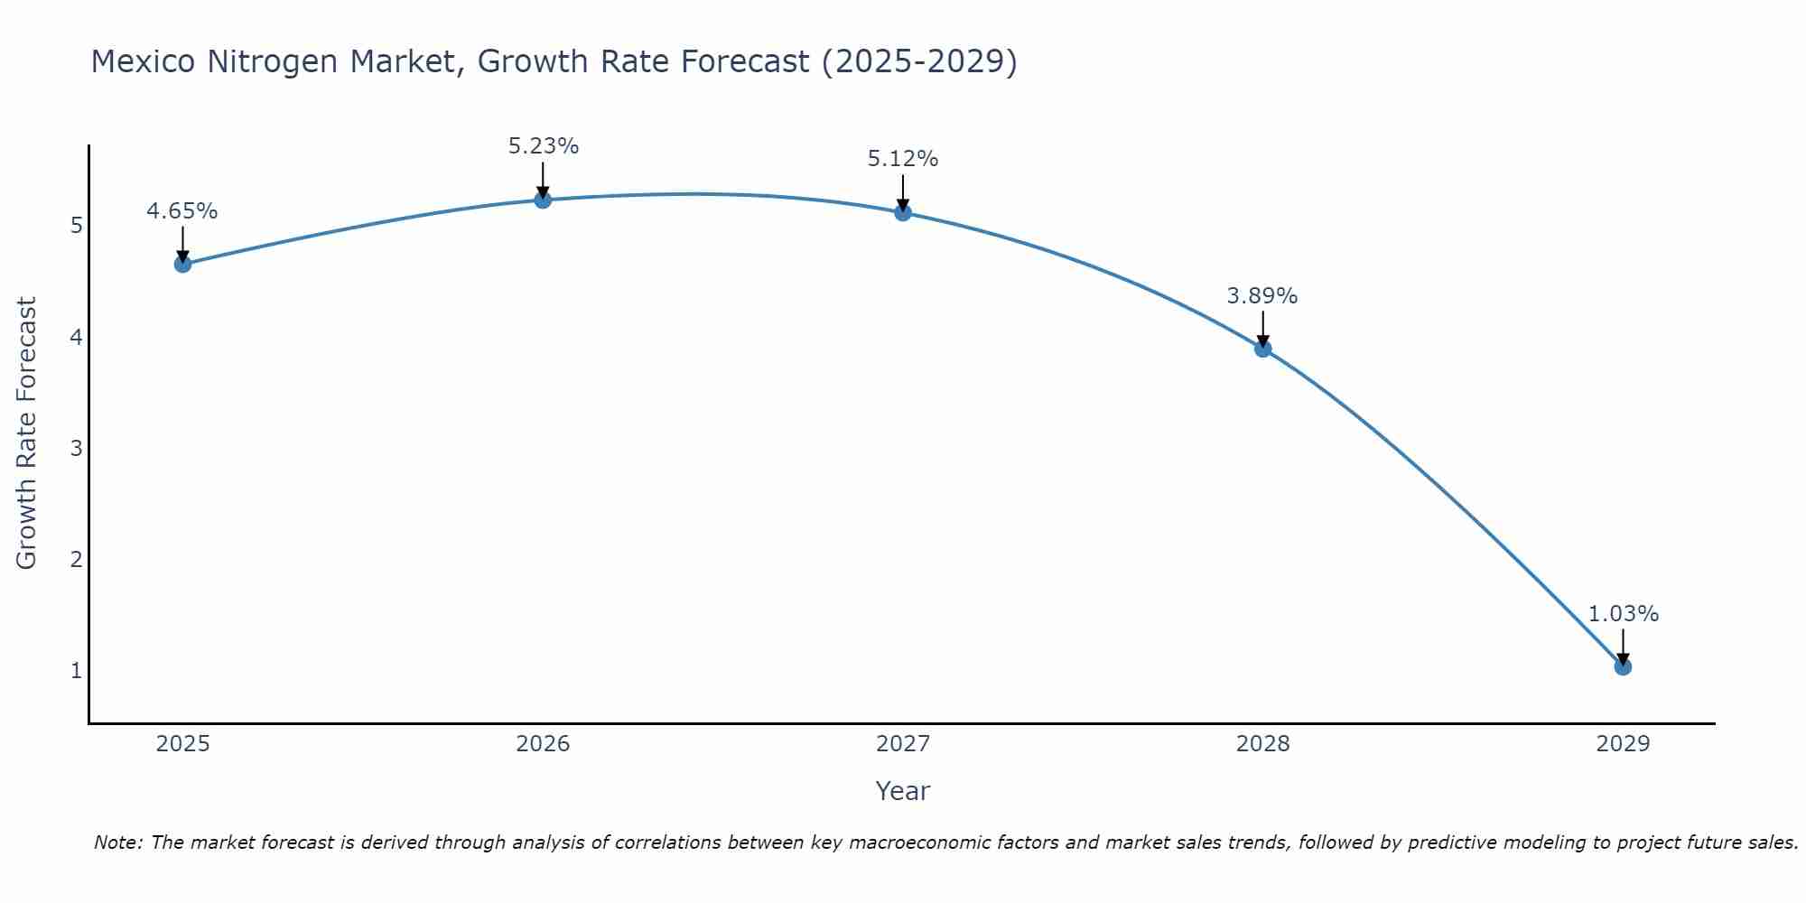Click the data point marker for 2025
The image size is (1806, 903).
tap(182, 264)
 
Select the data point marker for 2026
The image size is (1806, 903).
tap(543, 200)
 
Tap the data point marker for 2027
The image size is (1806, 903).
tap(903, 212)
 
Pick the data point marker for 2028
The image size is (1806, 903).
tap(1262, 349)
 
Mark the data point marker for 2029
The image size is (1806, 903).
tap(1623, 666)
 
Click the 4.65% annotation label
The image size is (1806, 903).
tap(182, 211)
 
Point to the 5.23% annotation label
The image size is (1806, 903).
tap(543, 146)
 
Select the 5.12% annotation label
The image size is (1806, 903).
tap(903, 159)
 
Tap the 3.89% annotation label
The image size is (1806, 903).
tap(1262, 296)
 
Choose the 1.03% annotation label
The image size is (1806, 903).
tap(1623, 614)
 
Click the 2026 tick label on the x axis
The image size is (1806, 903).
tap(543, 744)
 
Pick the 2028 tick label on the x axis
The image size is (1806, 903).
tap(1262, 744)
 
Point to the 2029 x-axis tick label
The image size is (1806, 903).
tap(1623, 744)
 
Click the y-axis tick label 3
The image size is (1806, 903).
tap(76, 448)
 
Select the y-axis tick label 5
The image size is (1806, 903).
tap(76, 225)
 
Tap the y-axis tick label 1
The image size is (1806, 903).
tap(76, 671)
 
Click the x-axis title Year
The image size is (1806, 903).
tap(903, 791)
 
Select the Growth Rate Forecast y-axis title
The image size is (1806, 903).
tap(27, 433)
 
